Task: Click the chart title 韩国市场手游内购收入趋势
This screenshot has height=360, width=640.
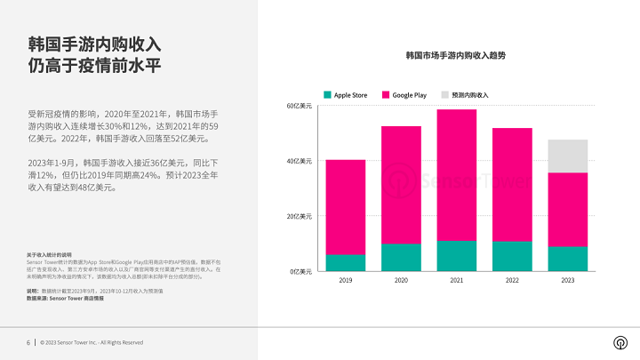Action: tap(449, 55)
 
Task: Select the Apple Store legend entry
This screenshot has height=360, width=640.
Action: tap(348, 93)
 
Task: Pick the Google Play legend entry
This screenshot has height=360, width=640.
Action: tap(405, 93)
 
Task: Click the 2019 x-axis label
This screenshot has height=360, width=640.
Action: tap(345, 280)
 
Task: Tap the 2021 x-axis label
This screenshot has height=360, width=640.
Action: tap(456, 280)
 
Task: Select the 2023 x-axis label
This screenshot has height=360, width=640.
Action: tap(567, 280)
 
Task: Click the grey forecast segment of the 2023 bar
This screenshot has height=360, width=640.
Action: tap(567, 156)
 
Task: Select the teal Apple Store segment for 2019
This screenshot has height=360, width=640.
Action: tap(345, 262)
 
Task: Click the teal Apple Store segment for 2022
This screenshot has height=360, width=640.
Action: tap(512, 256)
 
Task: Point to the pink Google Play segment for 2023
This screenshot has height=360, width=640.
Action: tap(567, 209)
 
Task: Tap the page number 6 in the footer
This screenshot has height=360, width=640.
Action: tap(28, 342)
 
